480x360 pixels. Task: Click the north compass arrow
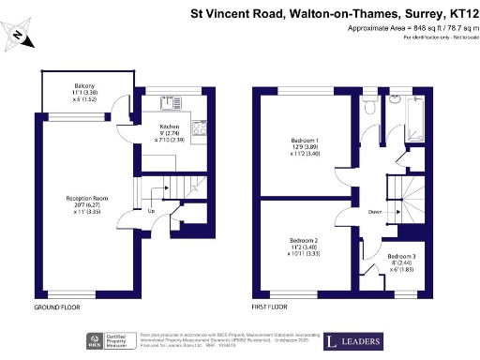tap(20, 37)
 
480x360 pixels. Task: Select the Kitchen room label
tap(169, 126)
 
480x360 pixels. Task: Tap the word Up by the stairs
tap(151, 211)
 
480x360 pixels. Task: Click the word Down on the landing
tap(375, 211)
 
